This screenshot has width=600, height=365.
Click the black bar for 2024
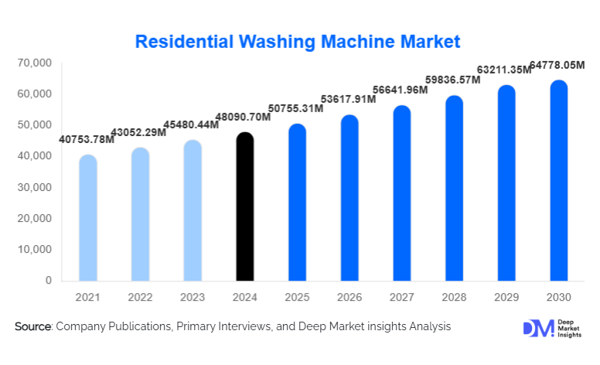pyautogui.click(x=244, y=206)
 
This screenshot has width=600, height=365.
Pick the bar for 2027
pyautogui.click(x=402, y=193)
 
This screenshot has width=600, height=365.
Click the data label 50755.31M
pyautogui.click(x=297, y=108)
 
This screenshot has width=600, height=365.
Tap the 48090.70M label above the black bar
pyautogui.click(x=244, y=118)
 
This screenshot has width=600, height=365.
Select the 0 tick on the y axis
pyautogui.click(x=47, y=280)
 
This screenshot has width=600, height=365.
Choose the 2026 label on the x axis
pyautogui.click(x=349, y=298)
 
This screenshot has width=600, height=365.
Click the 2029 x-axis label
pyautogui.click(x=506, y=298)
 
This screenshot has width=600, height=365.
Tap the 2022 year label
pyautogui.click(x=140, y=298)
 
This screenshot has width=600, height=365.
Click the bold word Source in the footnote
pyautogui.click(x=32, y=327)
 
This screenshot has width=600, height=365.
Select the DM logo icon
pyautogui.click(x=538, y=328)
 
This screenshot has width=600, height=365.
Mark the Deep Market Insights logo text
pyautogui.click(x=571, y=328)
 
